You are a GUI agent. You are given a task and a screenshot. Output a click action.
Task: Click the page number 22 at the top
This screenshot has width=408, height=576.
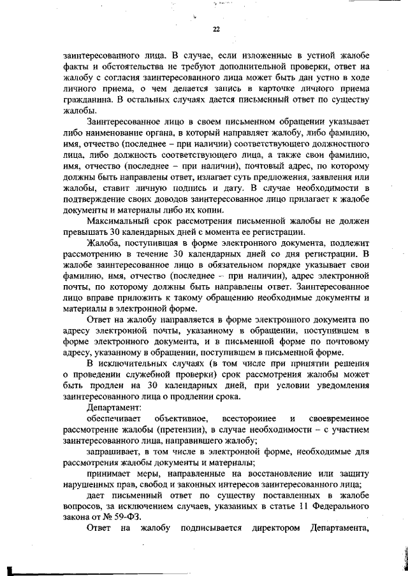[x=215, y=29]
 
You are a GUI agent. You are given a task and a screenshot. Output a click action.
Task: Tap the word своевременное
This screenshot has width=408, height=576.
[x=339, y=418]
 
